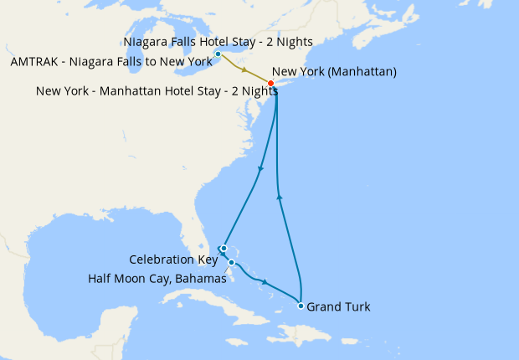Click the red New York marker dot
coord(270,83)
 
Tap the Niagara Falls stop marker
coord(218,54)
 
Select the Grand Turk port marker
coord(301,306)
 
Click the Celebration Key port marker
coord(224,248)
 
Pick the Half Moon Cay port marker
coord(232,262)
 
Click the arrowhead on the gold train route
coord(244,69)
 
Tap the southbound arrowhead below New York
coord(262,169)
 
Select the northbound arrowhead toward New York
coord(280,197)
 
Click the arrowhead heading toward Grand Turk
coord(265,281)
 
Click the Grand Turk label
coord(338,307)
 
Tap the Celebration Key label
coord(173,260)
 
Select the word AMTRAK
coord(35,62)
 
